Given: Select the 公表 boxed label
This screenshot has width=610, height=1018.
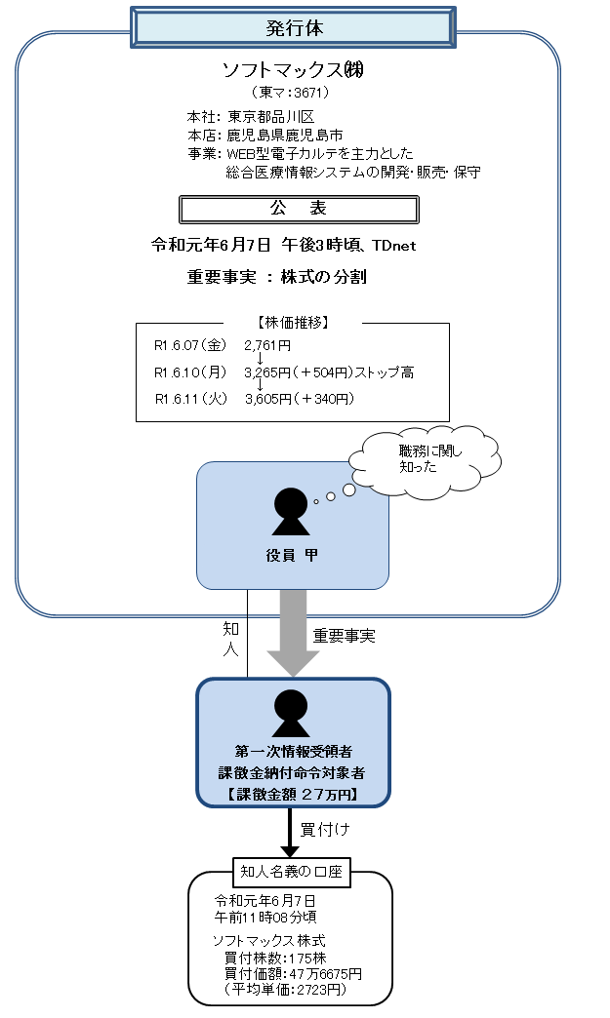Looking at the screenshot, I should coord(299,209).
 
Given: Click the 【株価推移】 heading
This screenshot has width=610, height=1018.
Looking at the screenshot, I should coord(292,321).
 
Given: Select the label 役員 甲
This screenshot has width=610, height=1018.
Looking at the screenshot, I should coord(292,556).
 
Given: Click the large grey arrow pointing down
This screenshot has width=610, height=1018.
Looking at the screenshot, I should coord(293,632).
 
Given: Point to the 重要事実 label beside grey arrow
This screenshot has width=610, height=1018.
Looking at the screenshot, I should coord(344,636).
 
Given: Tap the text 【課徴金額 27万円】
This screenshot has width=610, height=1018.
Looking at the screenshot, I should coord(292,794).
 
